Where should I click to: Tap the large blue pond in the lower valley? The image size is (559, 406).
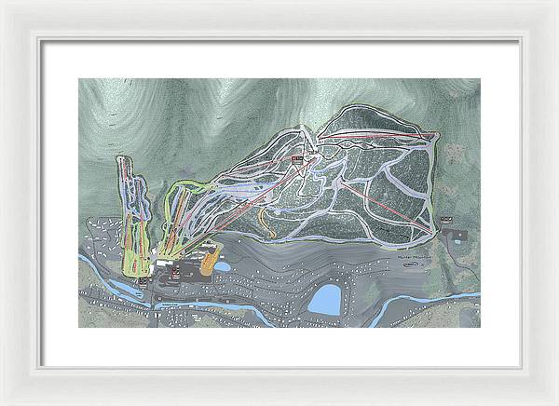(x=324, y=299)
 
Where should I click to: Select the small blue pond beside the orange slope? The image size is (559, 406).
(x=224, y=266)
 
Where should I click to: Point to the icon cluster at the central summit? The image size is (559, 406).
(x=298, y=161)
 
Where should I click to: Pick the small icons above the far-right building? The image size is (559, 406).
(x=446, y=220)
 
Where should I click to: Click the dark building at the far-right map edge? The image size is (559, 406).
(x=457, y=235)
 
